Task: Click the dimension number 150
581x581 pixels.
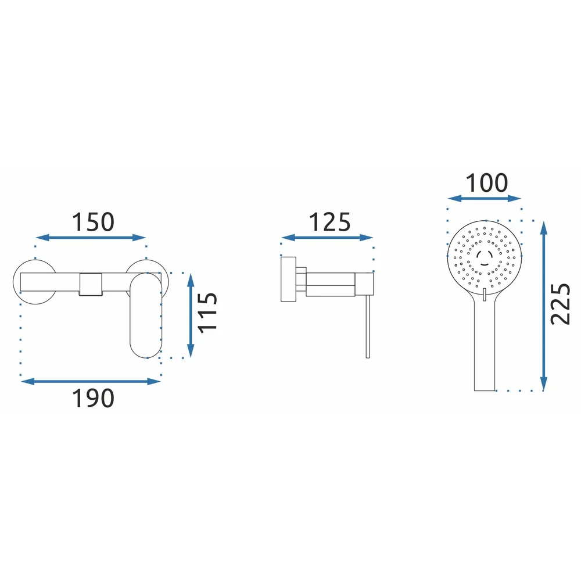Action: tap(92, 222)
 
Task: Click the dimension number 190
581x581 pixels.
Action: tap(92, 399)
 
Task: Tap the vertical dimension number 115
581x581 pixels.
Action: tap(207, 313)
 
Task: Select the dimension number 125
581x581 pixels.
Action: tap(329, 222)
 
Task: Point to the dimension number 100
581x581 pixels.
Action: tap(486, 183)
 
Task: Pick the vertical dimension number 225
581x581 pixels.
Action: tap(560, 304)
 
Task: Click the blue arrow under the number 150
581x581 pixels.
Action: tap(91, 238)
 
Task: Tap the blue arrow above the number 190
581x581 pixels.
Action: tap(91, 381)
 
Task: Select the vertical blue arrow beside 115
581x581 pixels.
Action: tap(191, 315)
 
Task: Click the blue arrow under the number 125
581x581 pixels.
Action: tap(327, 238)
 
